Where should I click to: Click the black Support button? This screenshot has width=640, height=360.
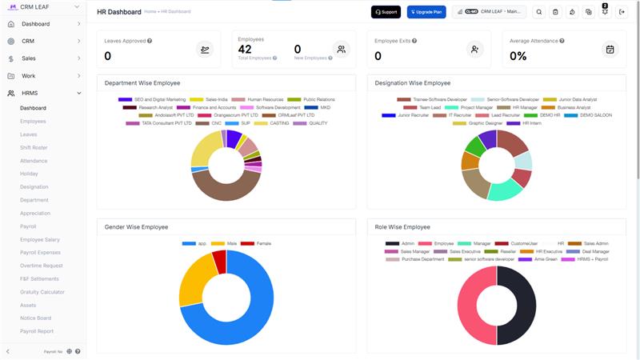pos(386,12)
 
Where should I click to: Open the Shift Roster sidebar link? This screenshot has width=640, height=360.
pos(34,147)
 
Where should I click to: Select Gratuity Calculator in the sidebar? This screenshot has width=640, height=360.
pos(42,292)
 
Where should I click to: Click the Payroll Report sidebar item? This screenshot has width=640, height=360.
pos(37,331)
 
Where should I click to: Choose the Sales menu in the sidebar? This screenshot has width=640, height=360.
pos(29,58)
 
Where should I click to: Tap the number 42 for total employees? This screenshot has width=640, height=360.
pos(245,50)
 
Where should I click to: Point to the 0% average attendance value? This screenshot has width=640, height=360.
pos(518,56)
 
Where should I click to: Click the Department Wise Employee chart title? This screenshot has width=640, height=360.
pos(142,83)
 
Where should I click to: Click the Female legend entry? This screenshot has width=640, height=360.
pos(262,242)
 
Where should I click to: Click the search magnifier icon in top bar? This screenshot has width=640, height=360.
pos(538,12)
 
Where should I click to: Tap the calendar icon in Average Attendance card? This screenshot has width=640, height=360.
pos(610,50)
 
